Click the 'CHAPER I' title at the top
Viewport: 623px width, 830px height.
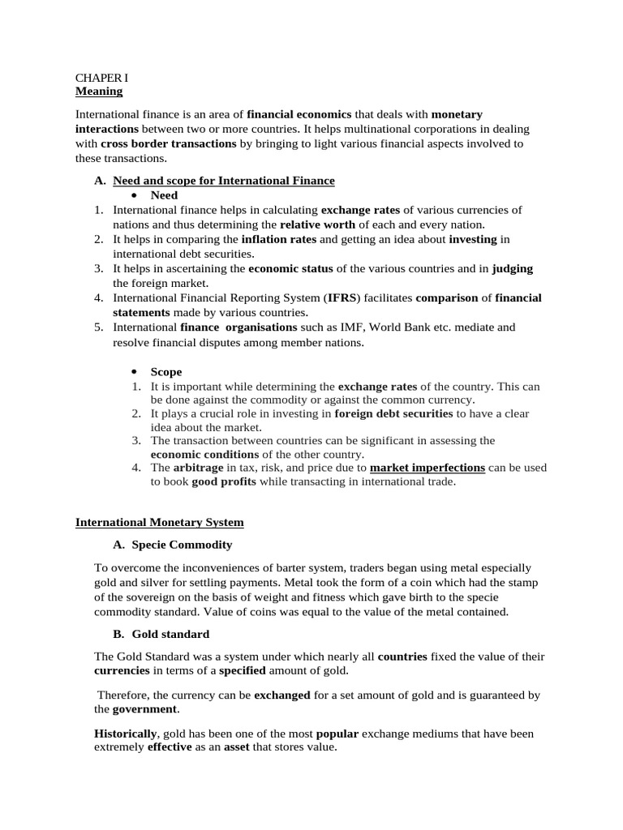101,78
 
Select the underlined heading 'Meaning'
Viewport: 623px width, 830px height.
98,91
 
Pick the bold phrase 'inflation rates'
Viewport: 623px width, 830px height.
280,239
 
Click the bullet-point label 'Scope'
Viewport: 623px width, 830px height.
166,371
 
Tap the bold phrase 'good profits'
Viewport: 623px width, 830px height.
224,481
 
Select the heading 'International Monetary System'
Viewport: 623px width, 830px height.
159,523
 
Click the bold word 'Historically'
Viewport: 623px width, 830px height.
127,734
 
